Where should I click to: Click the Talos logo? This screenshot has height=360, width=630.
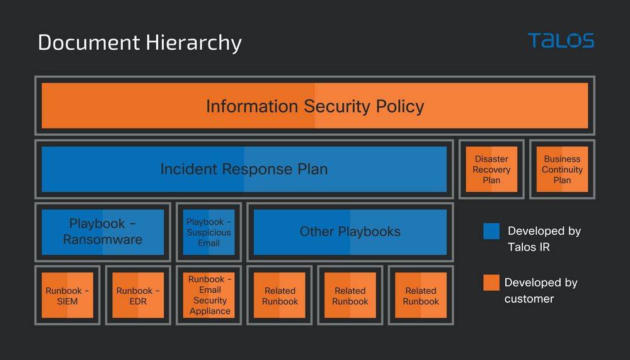561,41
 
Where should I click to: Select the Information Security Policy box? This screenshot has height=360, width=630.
314,106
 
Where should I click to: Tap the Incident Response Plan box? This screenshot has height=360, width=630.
244,169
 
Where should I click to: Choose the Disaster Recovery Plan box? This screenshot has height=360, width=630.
491,169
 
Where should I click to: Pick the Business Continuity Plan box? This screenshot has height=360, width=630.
562,169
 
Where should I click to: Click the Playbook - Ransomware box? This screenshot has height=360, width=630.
103,231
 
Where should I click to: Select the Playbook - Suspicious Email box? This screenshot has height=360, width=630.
209,232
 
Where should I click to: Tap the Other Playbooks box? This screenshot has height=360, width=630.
350,231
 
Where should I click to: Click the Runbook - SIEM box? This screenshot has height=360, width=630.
67,295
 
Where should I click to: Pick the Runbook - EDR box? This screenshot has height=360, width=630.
138,295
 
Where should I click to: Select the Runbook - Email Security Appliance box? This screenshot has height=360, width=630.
209,295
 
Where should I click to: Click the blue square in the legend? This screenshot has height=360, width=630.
491,231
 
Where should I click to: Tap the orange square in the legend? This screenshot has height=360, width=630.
491,282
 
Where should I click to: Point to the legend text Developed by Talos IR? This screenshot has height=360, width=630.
543,239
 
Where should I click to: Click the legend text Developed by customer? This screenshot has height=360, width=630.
541,291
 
